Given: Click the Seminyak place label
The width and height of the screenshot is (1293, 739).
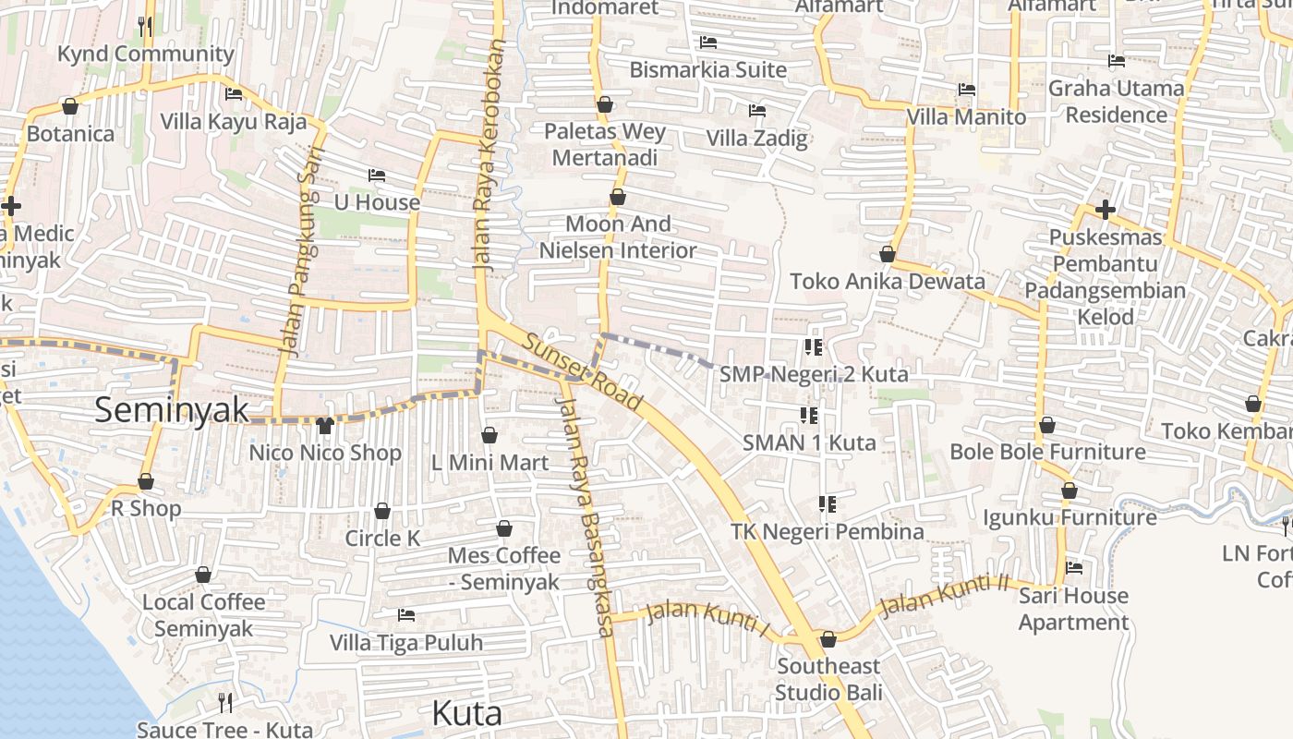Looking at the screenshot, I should pyautogui.click(x=172, y=410).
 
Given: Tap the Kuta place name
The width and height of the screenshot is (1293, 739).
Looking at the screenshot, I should pyautogui.click(x=467, y=713).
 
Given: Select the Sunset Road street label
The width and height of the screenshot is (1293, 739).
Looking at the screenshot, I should pyautogui.click(x=582, y=371).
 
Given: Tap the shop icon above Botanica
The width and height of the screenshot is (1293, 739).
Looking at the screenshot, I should pyautogui.click(x=69, y=106).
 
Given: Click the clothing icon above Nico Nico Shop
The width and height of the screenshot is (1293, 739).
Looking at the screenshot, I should pyautogui.click(x=324, y=426).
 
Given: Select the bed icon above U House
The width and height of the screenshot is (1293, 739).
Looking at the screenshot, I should pyautogui.click(x=376, y=176).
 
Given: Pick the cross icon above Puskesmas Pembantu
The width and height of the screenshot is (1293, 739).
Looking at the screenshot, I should pyautogui.click(x=1105, y=210).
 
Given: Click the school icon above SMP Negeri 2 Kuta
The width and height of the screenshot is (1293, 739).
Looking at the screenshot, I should pyautogui.click(x=814, y=347).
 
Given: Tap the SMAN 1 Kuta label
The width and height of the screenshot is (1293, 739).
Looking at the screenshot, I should pyautogui.click(x=809, y=442).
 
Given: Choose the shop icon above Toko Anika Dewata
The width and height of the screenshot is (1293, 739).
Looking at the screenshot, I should pyautogui.click(x=888, y=254).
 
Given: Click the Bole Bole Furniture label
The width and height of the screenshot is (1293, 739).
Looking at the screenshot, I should pyautogui.click(x=1047, y=452).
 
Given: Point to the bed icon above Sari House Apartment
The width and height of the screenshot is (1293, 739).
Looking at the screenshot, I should pyautogui.click(x=1073, y=568).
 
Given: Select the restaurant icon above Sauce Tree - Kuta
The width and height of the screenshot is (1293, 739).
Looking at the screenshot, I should pyautogui.click(x=224, y=703).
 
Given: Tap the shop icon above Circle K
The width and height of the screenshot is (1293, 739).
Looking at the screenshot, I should pyautogui.click(x=381, y=511).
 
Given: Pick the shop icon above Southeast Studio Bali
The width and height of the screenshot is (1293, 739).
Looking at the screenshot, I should pyautogui.click(x=828, y=639).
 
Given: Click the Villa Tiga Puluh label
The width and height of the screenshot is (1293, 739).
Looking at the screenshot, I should pyautogui.click(x=406, y=643).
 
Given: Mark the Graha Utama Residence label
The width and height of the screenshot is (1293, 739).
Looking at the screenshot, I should pyautogui.click(x=1116, y=102).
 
